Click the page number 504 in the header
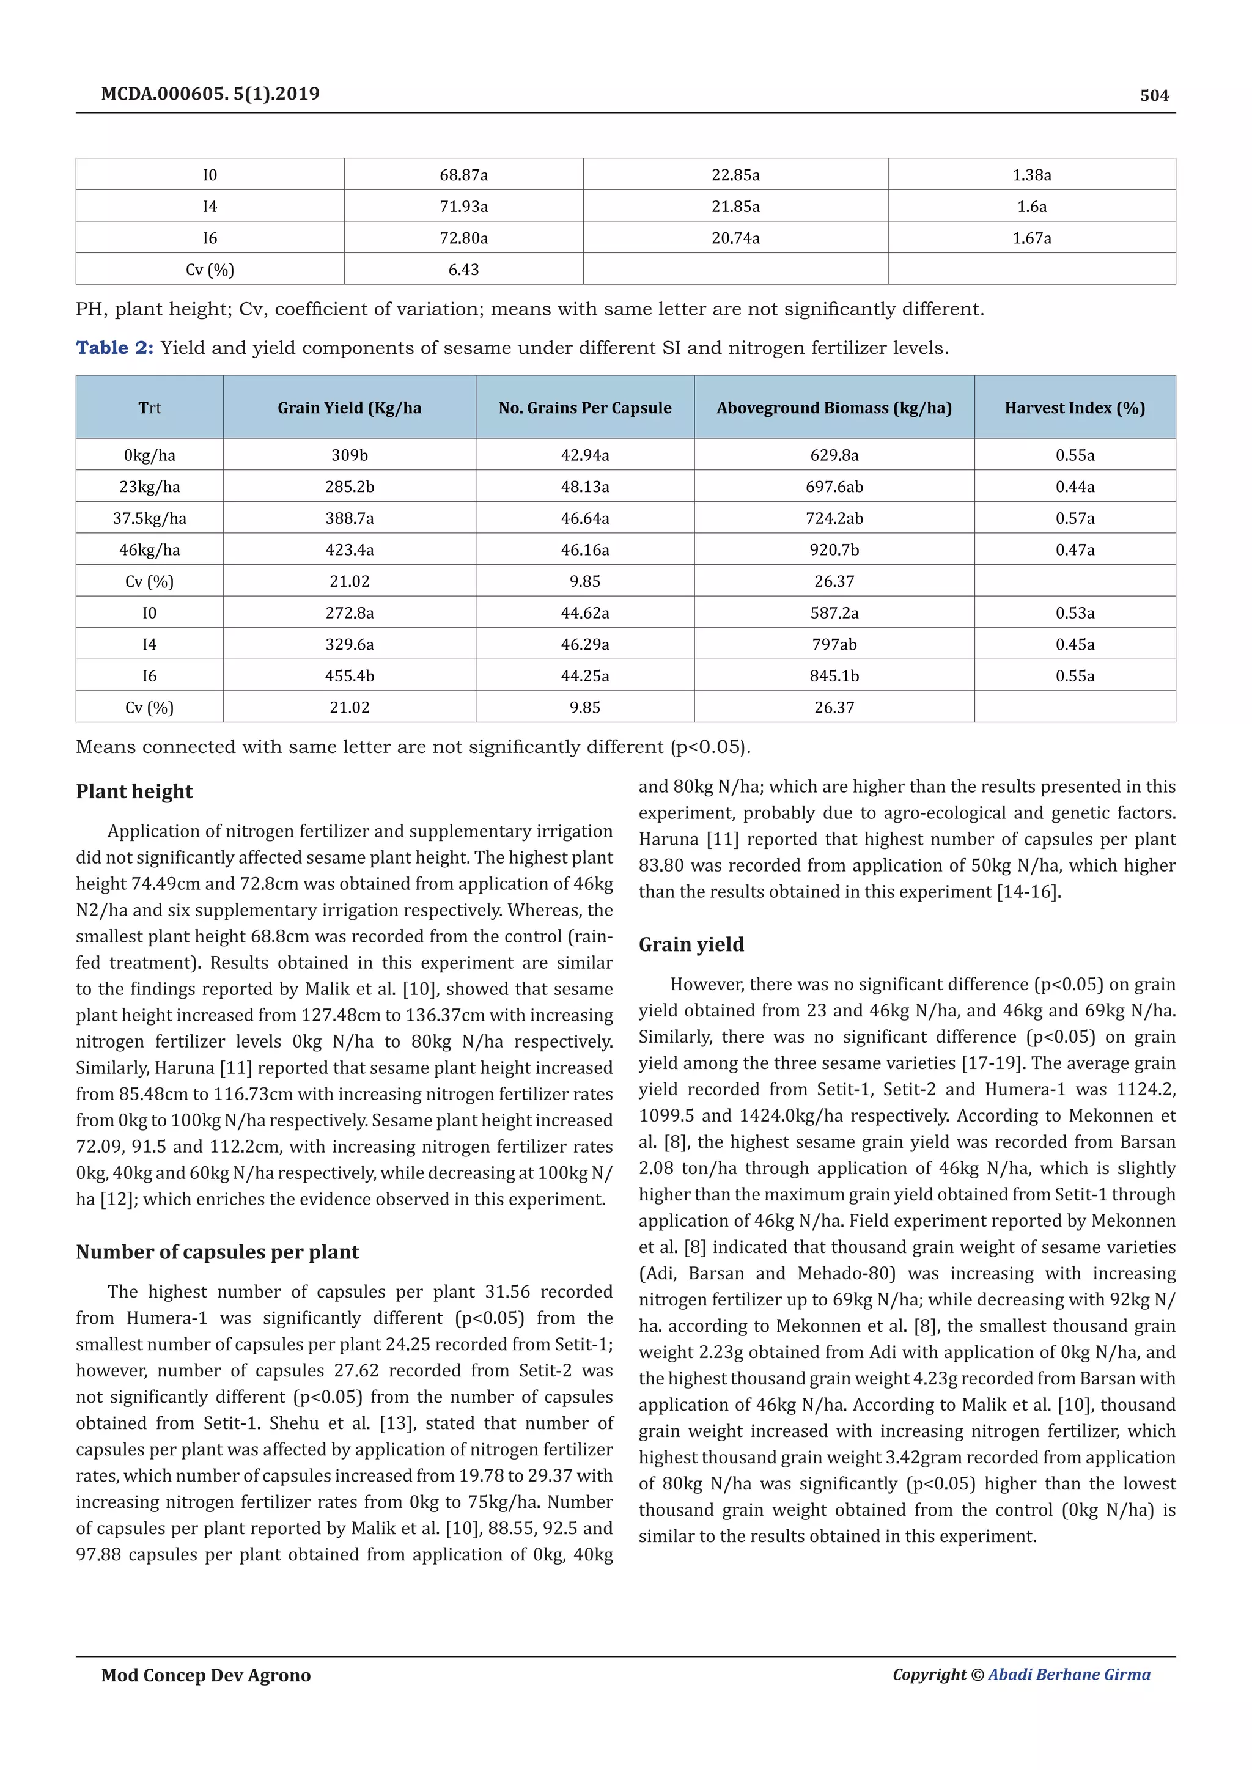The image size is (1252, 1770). [x=1154, y=95]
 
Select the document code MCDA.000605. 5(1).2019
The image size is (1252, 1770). [x=210, y=94]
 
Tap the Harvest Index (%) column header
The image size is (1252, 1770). [x=1074, y=408]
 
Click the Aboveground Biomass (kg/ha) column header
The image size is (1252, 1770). [x=833, y=408]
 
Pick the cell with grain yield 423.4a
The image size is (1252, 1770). [x=349, y=549]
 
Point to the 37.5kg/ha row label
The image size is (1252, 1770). [x=150, y=518]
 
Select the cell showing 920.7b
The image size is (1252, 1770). [x=834, y=549]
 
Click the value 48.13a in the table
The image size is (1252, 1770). [x=584, y=487]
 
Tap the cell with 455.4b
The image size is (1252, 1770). [x=349, y=676]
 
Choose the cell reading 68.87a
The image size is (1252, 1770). [x=463, y=175]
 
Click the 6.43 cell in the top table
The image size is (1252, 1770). [x=463, y=270]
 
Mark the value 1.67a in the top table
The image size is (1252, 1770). [x=1031, y=238]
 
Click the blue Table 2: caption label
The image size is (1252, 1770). [x=115, y=348]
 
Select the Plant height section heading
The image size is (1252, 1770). [x=134, y=791]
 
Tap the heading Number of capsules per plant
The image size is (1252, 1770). [x=218, y=1252]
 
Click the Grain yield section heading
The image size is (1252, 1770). [x=691, y=944]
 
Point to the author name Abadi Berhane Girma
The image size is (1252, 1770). [x=1069, y=1675]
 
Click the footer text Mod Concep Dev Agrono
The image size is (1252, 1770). [x=206, y=1675]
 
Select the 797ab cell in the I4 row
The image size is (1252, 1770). [x=834, y=644]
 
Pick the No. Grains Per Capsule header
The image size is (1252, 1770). [x=584, y=408]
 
